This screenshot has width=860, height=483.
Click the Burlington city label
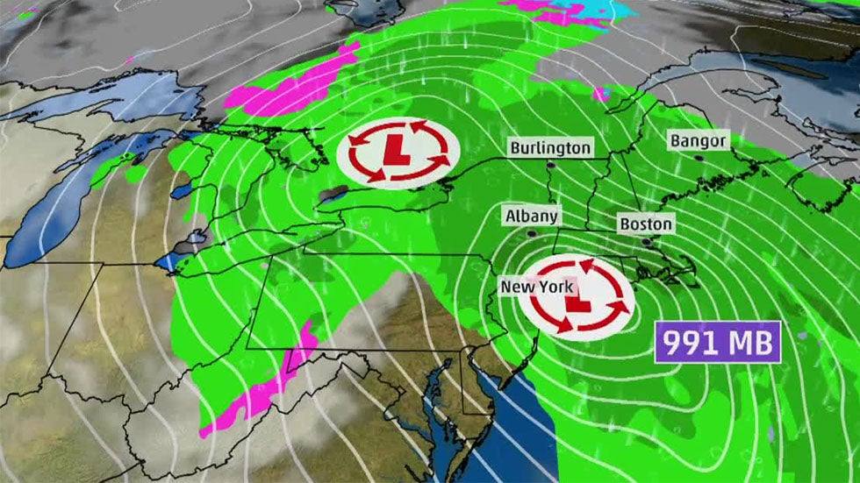[550, 147]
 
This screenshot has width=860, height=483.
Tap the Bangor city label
[698, 140]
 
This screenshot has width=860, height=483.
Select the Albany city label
[531, 216]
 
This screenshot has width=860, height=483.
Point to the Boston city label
[646, 224]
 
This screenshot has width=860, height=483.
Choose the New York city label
[536, 287]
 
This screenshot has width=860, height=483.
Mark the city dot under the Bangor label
[699, 158]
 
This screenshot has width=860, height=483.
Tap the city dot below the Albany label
[532, 234]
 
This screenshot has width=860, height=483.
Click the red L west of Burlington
[398, 151]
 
